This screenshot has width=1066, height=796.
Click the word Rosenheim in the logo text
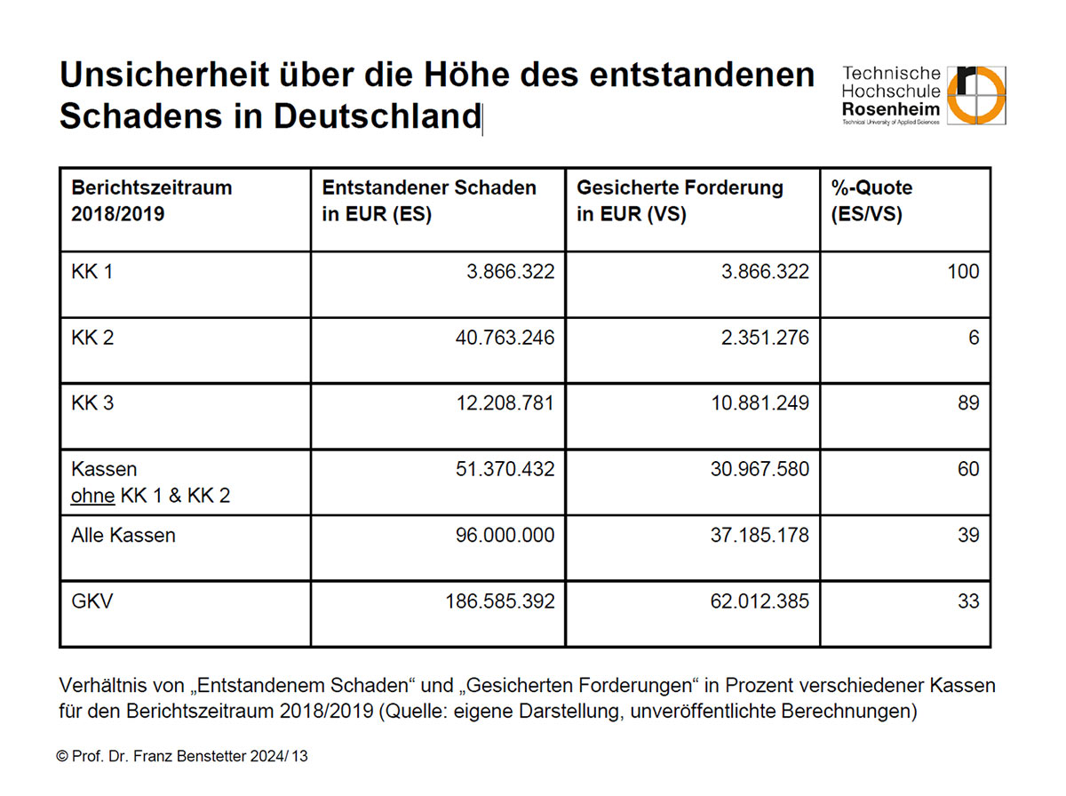coord(891,108)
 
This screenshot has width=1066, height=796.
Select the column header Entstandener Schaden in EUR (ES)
coord(429,201)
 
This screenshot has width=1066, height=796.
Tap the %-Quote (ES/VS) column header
coord(871,201)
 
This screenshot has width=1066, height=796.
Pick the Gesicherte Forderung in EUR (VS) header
coord(680,201)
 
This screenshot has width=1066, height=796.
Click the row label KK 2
coord(92,338)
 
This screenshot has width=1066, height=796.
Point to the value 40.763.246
coord(505,338)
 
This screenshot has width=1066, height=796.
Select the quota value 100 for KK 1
coord(963,272)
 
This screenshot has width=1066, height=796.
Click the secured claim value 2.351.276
coord(765,338)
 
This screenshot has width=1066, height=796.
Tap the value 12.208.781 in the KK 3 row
coord(505,403)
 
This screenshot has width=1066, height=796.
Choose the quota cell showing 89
coord(968,403)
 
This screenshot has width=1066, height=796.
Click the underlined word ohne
coord(92,496)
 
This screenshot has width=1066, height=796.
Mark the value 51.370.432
coord(505,469)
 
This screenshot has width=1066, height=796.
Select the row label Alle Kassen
coord(123,535)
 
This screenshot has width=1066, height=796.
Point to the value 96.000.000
coord(505,535)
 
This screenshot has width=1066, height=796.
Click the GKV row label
coord(91,601)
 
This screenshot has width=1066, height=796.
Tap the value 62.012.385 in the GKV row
coord(760,601)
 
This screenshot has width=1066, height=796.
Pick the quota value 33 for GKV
coord(968,601)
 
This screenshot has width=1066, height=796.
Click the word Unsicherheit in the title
coord(164,75)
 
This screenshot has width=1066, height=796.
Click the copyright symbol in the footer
coord(62,756)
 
